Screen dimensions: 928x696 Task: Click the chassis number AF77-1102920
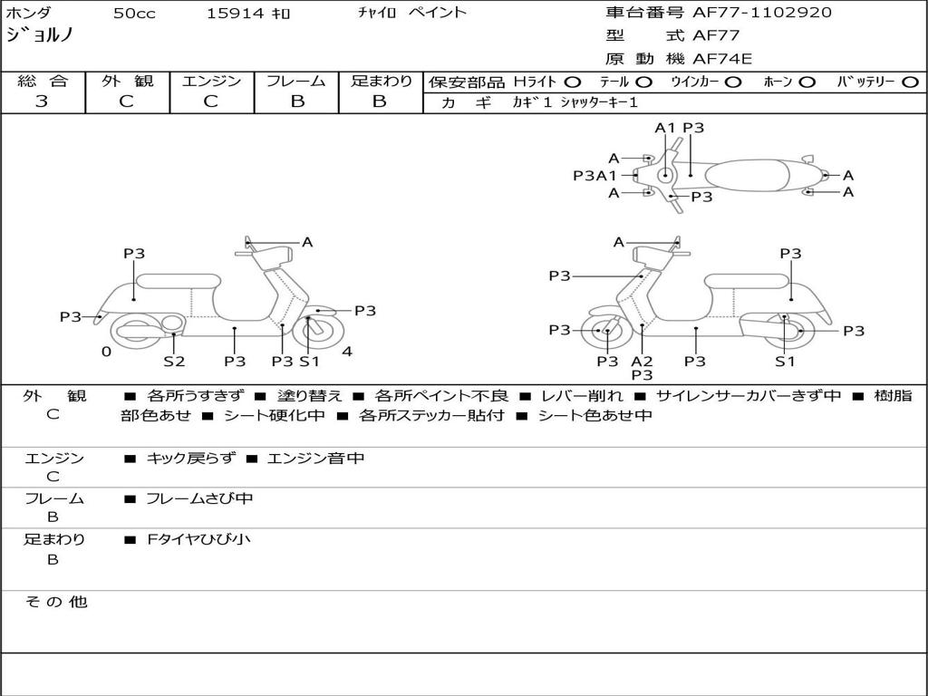point(761,13)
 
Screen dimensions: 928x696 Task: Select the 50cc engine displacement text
point(134,13)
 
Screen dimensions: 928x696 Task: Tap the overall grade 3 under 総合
point(42,101)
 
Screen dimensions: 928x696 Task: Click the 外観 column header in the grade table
point(127,81)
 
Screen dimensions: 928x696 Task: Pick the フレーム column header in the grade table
point(296,81)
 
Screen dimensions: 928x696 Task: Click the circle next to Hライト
point(573,82)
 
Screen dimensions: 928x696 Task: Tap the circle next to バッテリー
point(911,82)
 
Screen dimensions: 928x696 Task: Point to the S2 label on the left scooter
point(174,361)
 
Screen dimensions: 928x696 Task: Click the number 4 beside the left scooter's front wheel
point(347,352)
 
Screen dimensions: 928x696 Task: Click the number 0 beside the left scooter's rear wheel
point(106,352)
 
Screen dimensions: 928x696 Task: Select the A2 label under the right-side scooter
point(642,361)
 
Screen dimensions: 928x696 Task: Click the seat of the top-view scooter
point(748,175)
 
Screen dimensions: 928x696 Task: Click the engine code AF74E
point(722,59)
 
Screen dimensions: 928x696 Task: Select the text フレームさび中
point(199,499)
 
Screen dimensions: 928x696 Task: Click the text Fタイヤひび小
point(198,539)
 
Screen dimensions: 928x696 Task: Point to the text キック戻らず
point(190,458)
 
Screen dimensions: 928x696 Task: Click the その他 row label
point(56,602)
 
